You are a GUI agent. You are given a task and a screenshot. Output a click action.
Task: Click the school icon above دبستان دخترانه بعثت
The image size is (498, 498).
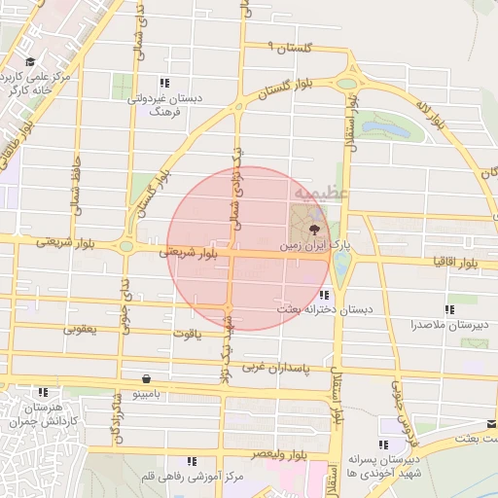click(x=324, y=294)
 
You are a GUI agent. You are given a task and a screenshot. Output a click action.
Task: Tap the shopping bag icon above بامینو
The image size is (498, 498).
click(x=146, y=378)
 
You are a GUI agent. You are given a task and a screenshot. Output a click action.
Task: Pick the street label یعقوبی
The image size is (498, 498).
click(x=81, y=329)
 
